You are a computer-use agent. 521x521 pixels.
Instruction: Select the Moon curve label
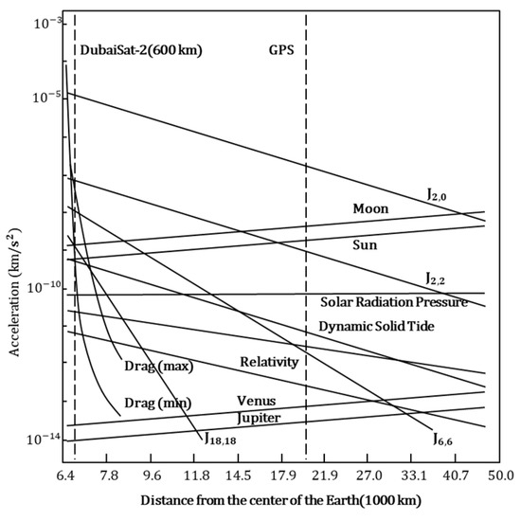coord(370,207)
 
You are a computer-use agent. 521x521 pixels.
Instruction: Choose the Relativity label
coord(269,362)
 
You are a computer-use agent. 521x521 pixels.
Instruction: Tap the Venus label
coord(256,401)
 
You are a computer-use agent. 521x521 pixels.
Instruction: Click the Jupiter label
coord(259,417)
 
